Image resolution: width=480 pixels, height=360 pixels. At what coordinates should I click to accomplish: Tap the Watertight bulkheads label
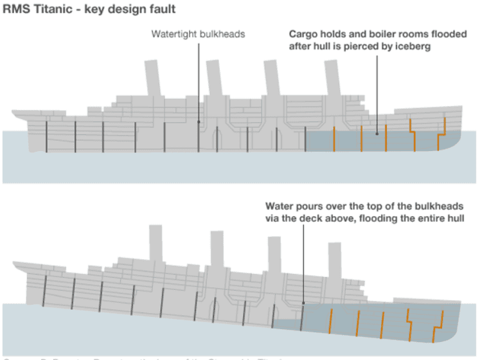click(198, 33)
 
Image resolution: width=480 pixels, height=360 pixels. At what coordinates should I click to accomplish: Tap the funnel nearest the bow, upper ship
click(332, 81)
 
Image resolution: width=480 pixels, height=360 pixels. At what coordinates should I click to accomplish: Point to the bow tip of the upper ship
click(461, 109)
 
